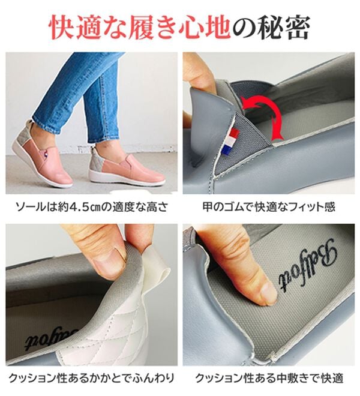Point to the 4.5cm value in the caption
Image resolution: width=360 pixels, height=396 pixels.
(77, 208)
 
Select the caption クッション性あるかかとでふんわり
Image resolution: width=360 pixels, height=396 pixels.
(90, 379)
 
